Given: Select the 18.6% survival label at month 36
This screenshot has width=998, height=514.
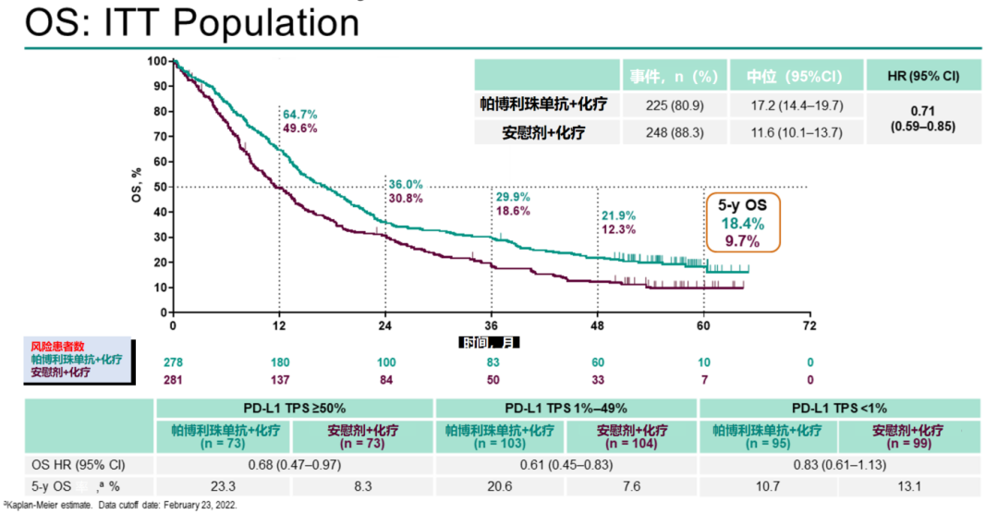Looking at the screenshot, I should tap(513, 211).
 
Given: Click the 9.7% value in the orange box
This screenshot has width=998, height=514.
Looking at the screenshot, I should tap(742, 241).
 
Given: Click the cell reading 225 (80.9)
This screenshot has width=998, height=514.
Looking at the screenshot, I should tap(676, 105).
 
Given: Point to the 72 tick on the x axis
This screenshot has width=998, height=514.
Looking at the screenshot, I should tap(809, 326).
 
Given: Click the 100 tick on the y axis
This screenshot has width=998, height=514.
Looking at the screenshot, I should tap(155, 61).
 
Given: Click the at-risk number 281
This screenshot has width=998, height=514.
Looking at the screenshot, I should tap(173, 378).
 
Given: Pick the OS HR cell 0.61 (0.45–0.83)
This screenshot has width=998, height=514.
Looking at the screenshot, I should tap(565, 465).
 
